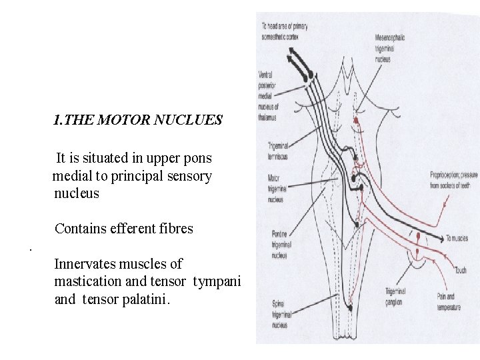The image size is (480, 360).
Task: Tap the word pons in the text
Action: click(x=198, y=159)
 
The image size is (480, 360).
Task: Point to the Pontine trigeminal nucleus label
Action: click(x=279, y=245)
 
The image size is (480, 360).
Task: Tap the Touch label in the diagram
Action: click(x=460, y=271)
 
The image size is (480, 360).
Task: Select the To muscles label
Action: click(x=458, y=238)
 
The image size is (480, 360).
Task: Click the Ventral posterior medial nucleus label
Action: click(x=268, y=96)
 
